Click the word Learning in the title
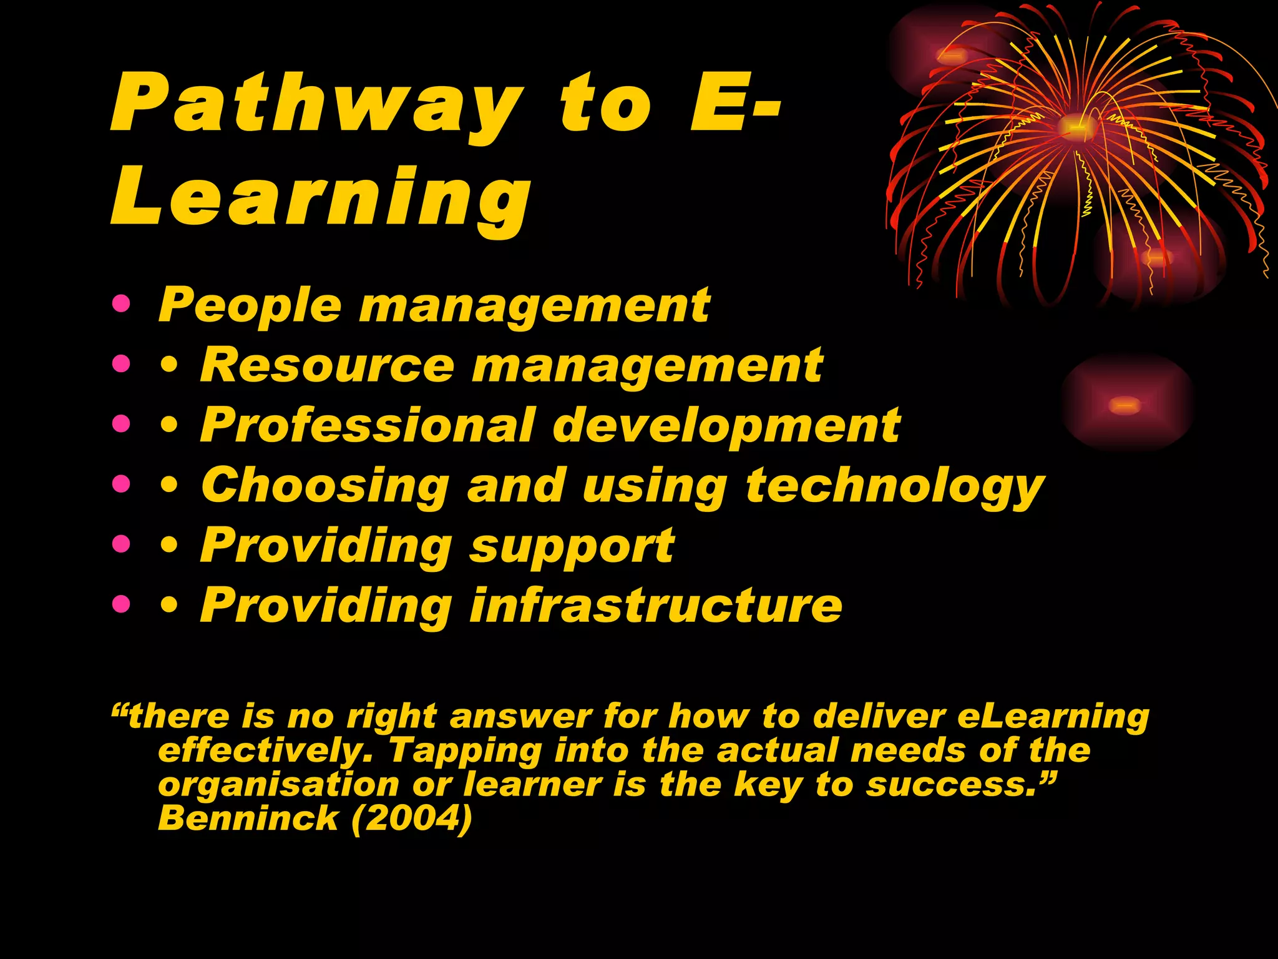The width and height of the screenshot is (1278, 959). pyautogui.click(x=321, y=199)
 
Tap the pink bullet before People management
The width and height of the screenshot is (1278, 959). pyautogui.click(x=122, y=305)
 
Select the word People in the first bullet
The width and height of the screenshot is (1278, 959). pyautogui.click(x=250, y=306)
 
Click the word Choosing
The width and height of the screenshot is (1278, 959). pyautogui.click(x=325, y=486)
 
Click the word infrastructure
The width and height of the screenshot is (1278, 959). pyautogui.click(x=656, y=606)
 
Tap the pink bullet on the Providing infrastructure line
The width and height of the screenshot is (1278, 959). pyautogui.click(x=122, y=604)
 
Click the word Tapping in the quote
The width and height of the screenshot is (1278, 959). pyautogui.click(x=465, y=750)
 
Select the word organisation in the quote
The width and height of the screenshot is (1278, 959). pyautogui.click(x=278, y=785)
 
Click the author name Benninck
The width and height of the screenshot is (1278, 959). pyautogui.click(x=248, y=818)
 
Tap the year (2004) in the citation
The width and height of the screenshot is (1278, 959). pyautogui.click(x=412, y=818)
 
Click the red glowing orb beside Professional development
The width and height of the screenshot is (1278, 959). pyautogui.click(x=1126, y=405)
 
